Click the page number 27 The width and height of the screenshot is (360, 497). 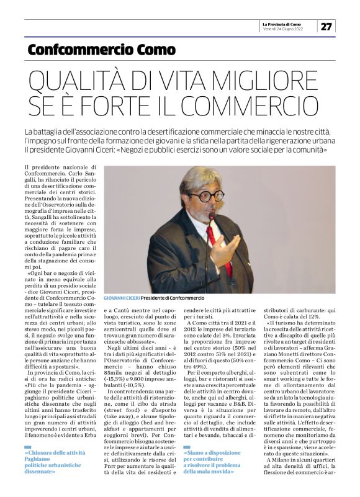click(x=326, y=26)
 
